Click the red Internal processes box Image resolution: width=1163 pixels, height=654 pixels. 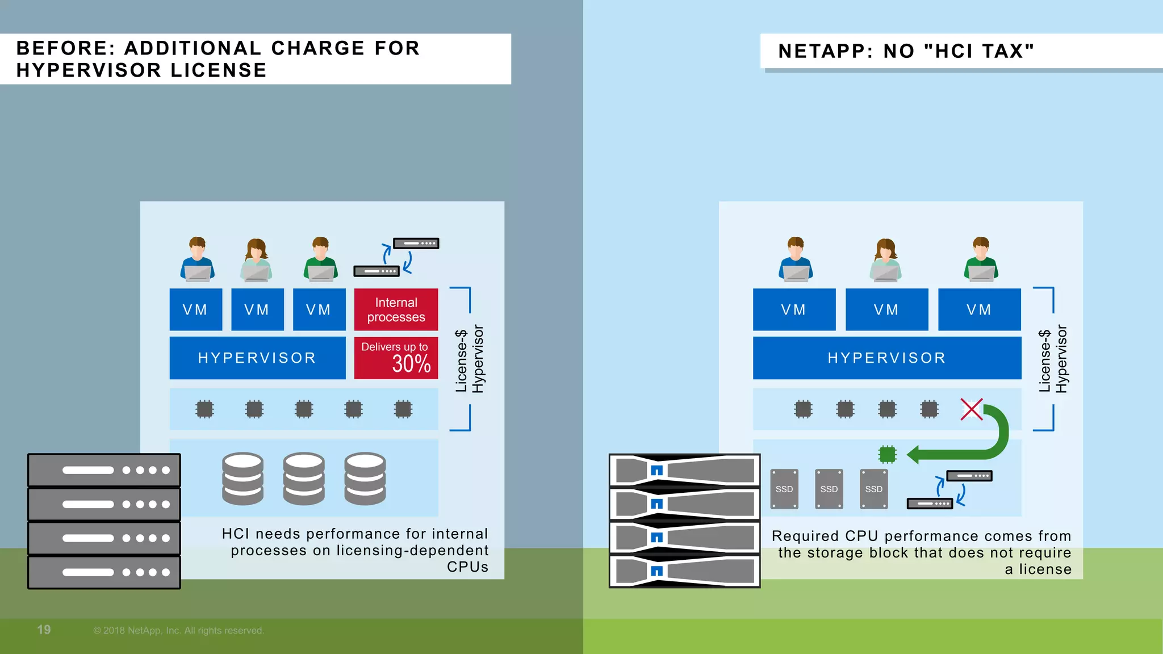point(396,309)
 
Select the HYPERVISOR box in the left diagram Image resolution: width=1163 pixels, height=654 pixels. point(257,358)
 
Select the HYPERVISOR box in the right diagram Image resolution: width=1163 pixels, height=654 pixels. point(886,358)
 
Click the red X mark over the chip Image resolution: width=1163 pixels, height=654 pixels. point(971,409)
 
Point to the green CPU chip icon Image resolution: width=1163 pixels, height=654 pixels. point(887,454)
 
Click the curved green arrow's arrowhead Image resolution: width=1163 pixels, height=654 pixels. point(913,454)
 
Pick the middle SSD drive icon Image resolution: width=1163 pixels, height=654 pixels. point(829,489)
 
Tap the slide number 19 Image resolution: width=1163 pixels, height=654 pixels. point(44,630)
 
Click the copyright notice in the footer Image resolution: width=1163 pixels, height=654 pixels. point(178,631)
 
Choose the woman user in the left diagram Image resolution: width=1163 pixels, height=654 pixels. point(257,259)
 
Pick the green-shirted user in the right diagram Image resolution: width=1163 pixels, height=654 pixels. point(981,259)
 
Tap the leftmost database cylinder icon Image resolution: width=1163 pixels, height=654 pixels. point(242,478)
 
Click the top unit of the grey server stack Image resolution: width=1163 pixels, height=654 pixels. point(104,470)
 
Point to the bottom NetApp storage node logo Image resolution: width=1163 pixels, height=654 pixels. point(657,571)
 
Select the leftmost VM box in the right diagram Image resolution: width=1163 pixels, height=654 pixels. point(793,309)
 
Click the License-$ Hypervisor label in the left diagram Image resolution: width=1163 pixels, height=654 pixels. point(470,359)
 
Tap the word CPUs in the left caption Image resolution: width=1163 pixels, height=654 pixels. point(467,567)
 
